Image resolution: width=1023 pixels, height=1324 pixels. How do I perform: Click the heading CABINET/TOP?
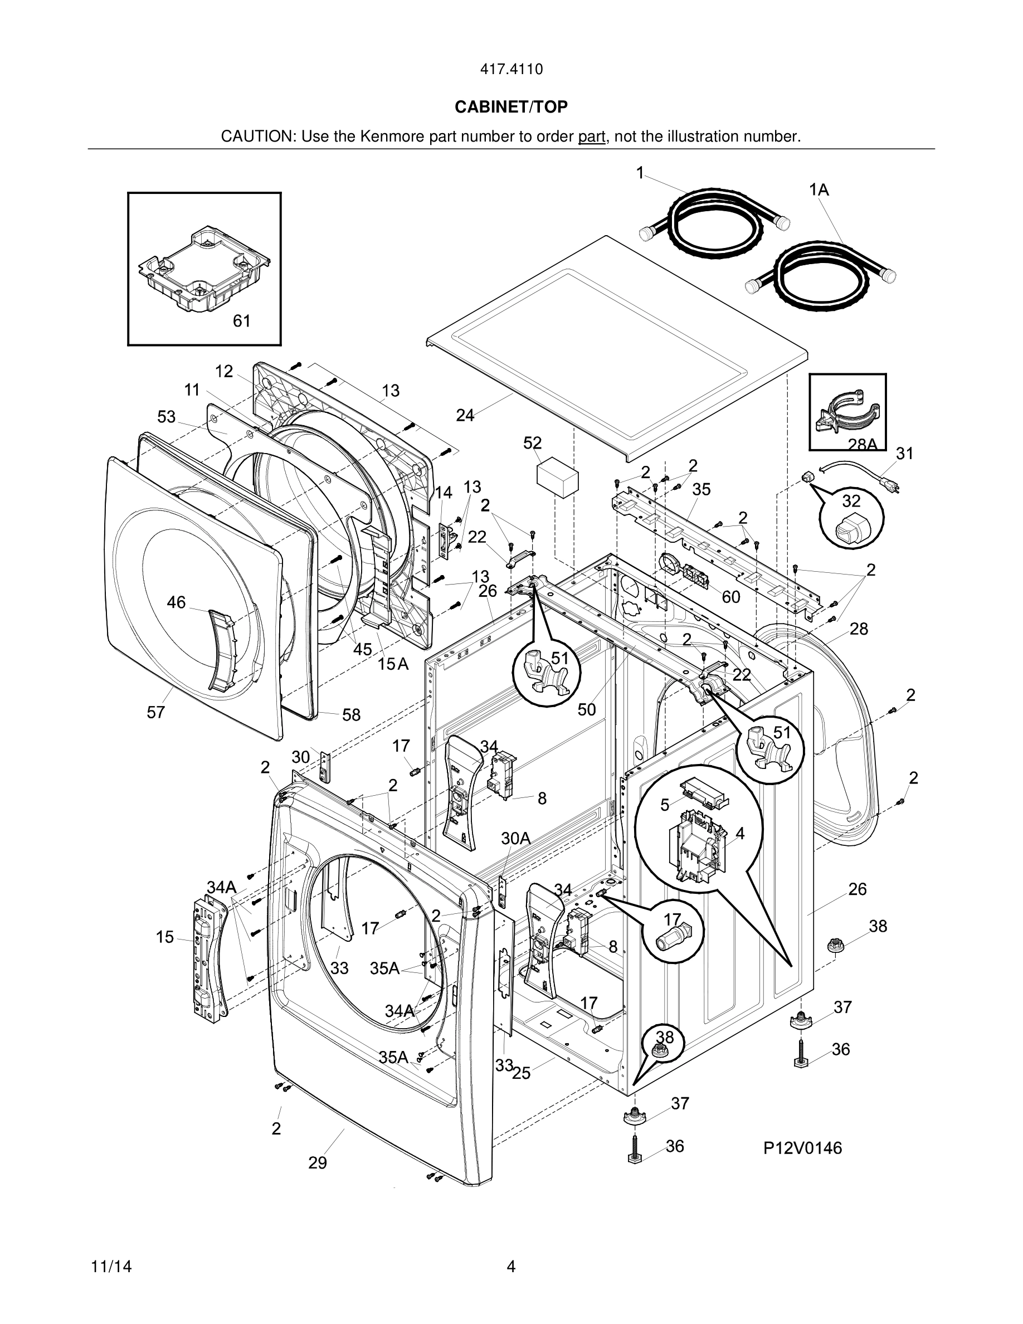[511, 108]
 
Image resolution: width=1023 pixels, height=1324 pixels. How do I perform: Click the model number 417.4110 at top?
[511, 70]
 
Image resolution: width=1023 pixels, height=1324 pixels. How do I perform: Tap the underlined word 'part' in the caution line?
[592, 137]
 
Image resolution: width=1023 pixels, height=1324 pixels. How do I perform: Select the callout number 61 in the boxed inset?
[242, 322]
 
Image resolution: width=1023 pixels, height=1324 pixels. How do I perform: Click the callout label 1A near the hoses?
[819, 191]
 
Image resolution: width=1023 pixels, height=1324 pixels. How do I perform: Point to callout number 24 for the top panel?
[465, 416]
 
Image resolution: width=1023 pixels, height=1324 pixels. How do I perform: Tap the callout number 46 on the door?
[177, 602]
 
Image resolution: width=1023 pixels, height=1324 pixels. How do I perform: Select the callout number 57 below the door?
[156, 713]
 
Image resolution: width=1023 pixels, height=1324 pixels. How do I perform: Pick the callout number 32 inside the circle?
[851, 502]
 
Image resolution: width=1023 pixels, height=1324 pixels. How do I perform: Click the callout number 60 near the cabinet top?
[731, 598]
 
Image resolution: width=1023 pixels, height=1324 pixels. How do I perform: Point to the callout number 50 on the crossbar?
[587, 710]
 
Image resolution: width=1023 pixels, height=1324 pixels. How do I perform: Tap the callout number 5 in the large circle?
[665, 805]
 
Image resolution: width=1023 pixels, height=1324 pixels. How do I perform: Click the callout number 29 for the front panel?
[318, 1163]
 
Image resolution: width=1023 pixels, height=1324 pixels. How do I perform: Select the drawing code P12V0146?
[802, 1148]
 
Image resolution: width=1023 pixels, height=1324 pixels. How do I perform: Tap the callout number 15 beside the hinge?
[165, 937]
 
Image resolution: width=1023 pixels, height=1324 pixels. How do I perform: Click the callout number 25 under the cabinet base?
[521, 1074]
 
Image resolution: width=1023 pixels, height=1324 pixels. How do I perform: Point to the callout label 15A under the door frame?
[393, 664]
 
